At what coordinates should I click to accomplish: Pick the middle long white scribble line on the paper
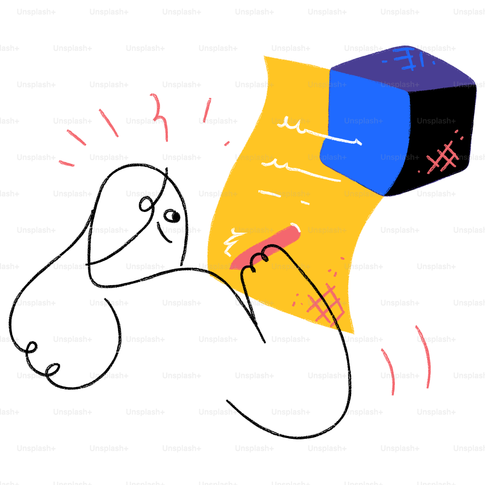point(301,170)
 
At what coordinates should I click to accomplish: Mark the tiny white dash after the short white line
point(305,203)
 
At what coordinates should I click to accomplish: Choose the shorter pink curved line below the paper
point(389,371)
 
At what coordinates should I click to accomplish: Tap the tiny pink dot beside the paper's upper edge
point(226,143)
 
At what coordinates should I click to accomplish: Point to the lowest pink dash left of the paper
point(66,163)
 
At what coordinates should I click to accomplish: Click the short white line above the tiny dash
point(270,194)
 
